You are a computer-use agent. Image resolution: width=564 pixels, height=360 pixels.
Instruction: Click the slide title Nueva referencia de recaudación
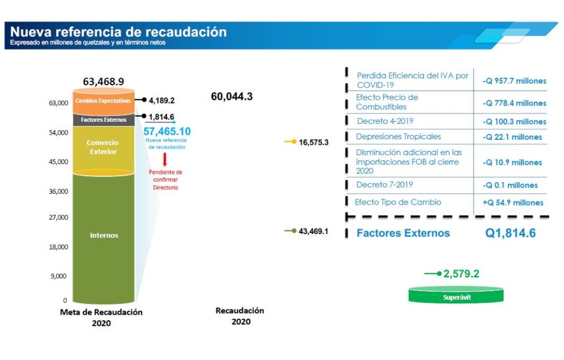118,31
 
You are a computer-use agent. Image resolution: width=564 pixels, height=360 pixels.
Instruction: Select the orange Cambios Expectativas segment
103,101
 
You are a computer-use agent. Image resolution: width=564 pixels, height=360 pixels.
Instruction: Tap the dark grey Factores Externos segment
103,119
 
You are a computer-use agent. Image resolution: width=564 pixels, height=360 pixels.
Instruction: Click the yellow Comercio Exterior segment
103,147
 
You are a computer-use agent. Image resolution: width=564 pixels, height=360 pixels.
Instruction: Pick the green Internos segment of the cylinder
104,236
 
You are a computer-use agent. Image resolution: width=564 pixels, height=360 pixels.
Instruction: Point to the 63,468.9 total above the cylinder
104,82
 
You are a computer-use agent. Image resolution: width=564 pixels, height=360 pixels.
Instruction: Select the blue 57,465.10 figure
167,132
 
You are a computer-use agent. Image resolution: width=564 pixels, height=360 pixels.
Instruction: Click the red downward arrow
165,160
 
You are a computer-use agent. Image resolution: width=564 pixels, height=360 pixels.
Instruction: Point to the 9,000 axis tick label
59,276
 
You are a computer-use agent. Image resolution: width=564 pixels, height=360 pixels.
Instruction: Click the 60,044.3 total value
232,97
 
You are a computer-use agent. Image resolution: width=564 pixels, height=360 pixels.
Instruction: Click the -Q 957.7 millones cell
514,81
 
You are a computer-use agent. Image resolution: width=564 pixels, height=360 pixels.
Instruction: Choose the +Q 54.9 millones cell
513,203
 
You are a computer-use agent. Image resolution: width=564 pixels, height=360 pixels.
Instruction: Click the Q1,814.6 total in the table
510,233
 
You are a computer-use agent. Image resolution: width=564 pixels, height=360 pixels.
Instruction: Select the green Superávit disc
455,296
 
